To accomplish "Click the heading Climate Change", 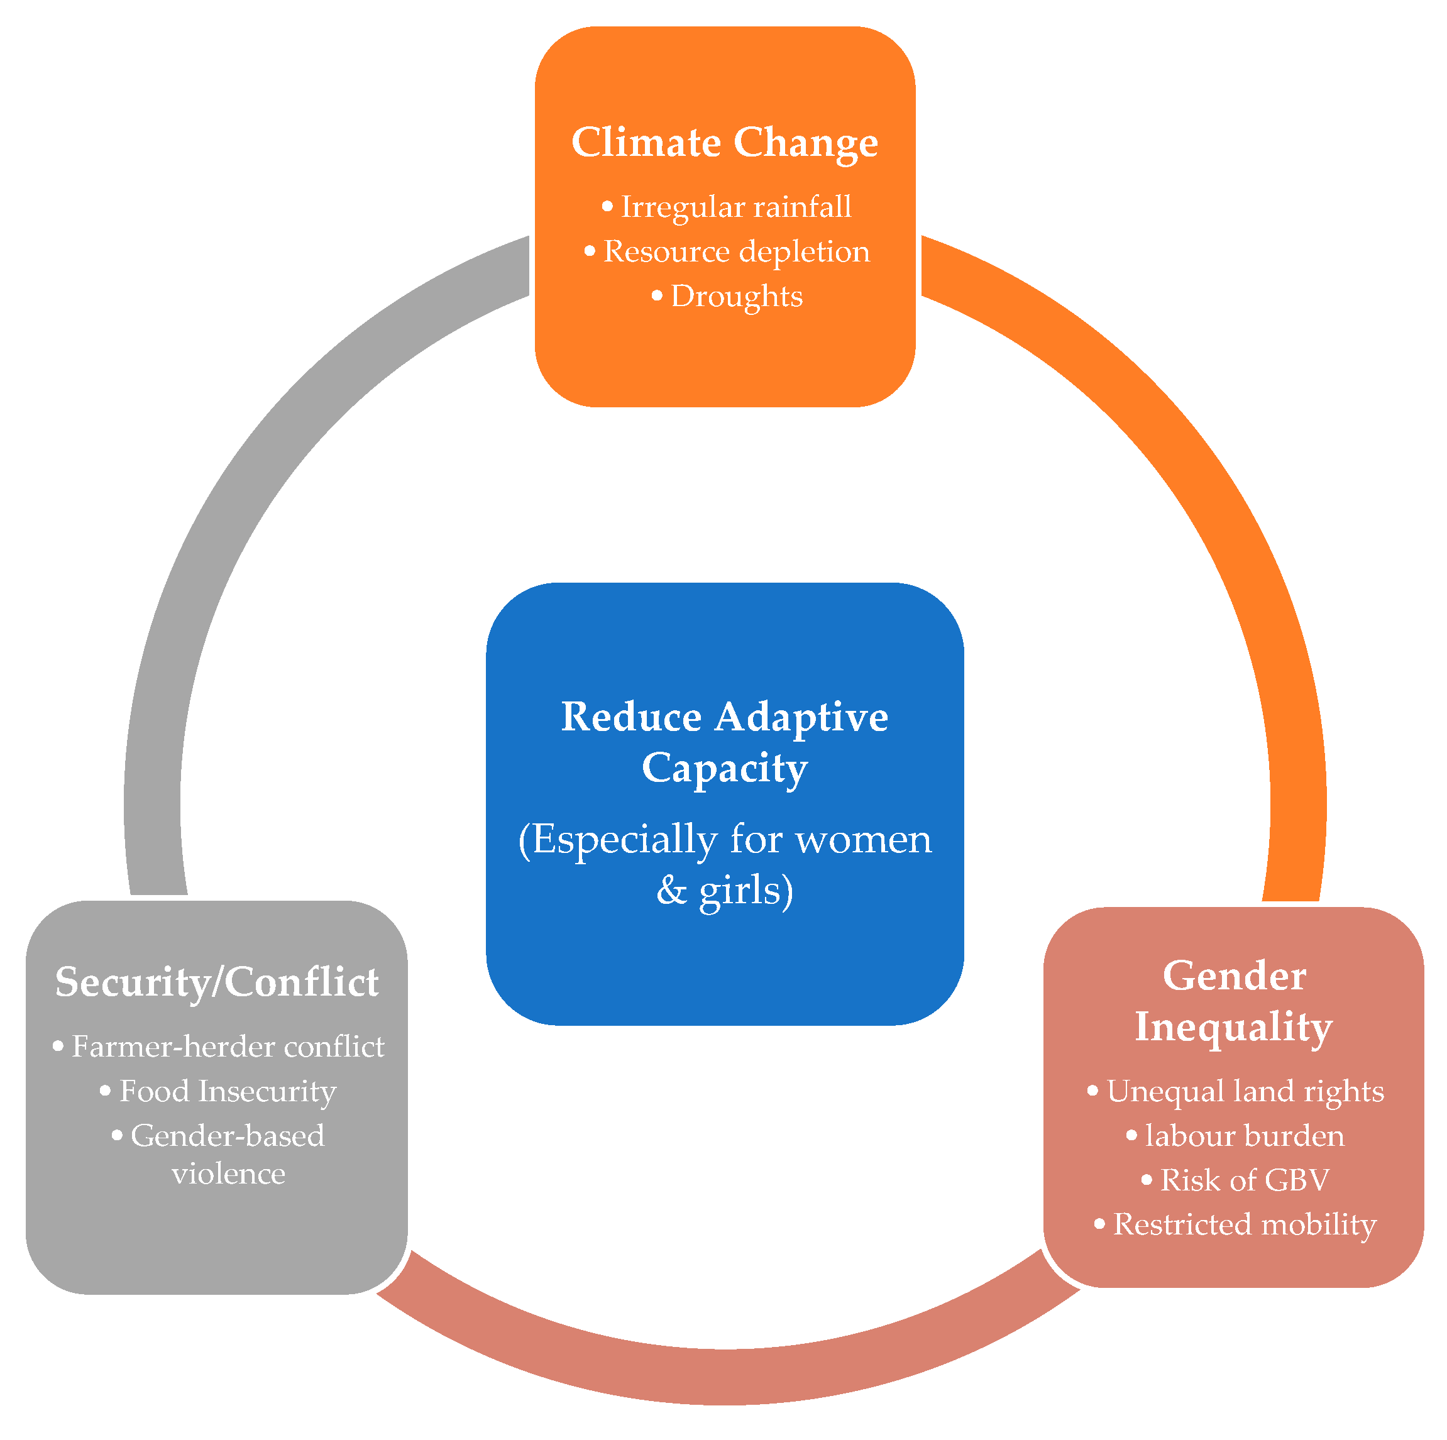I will point(724,142).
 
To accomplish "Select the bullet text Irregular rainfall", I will point(735,207).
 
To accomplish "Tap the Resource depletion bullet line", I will point(735,251).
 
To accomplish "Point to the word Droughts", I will point(736,297).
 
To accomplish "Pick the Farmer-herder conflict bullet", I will point(228,1047).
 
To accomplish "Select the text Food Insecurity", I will point(228,1091).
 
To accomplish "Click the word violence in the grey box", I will point(228,1173).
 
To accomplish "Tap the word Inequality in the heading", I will point(1233,1026).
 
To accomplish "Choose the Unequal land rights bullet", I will point(1245,1091).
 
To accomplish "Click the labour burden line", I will point(1244,1136).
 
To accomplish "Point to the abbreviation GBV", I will point(1297,1180).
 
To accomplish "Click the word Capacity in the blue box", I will point(724,768).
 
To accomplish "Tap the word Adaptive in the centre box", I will point(801,717).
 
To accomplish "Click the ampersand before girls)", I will point(671,891).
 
